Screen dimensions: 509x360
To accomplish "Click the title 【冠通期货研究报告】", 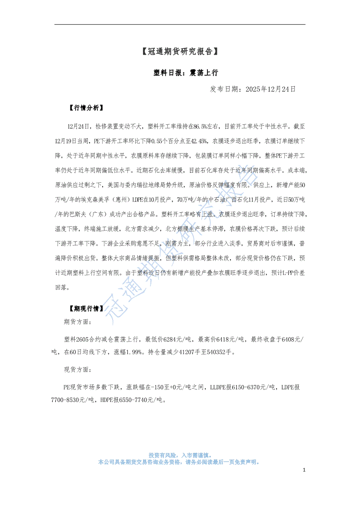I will [x=180, y=52].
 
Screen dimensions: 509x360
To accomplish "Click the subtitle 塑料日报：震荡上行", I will [x=180, y=73].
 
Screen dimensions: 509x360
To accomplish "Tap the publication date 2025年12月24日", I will [x=270, y=89].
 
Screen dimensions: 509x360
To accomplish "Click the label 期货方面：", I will [x=77, y=322].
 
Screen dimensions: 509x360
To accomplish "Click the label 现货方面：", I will [x=77, y=369].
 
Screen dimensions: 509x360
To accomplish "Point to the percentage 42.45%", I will [x=198, y=141].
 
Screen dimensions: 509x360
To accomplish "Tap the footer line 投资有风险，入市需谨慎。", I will [x=180, y=454].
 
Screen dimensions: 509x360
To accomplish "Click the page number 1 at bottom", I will [x=304, y=470].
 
